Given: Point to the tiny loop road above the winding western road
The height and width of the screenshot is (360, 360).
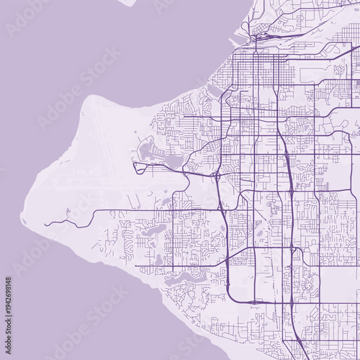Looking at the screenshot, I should [66, 212].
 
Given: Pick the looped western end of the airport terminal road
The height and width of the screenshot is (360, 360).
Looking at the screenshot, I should [135, 166].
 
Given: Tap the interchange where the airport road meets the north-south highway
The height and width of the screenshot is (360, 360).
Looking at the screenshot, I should [217, 176].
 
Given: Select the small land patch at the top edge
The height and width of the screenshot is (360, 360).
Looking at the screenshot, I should [127, 2].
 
